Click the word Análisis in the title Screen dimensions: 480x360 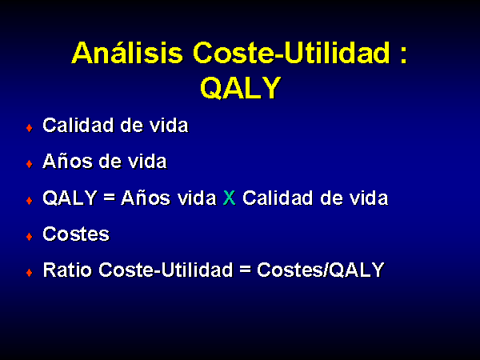pyautogui.click(x=127, y=52)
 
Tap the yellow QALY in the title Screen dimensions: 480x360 pyautogui.click(x=240, y=87)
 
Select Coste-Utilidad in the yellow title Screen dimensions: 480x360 pyautogui.click(x=292, y=52)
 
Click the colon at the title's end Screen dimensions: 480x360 pyautogui.click(x=403, y=55)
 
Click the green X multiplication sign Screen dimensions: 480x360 pyautogui.click(x=230, y=198)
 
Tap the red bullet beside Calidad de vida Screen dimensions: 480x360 pyautogui.click(x=30, y=128)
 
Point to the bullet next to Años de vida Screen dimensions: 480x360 pyautogui.click(x=30, y=164)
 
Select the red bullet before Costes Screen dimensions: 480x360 pyautogui.click(x=30, y=236)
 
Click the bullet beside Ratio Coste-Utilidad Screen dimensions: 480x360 pyautogui.click(x=30, y=272)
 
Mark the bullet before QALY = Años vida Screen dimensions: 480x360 pyautogui.click(x=30, y=200)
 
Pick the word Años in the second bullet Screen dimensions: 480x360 pyautogui.click(x=68, y=161)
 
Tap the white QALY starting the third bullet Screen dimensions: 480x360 pyautogui.click(x=70, y=198)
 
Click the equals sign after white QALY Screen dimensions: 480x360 pyautogui.click(x=110, y=198)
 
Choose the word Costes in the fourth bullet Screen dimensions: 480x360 pyautogui.click(x=76, y=234)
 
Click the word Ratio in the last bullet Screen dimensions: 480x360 pyautogui.click(x=67, y=270)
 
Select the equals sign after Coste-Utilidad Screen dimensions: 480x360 pyautogui.click(x=246, y=270)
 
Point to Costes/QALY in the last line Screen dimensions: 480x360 pyautogui.click(x=321, y=270)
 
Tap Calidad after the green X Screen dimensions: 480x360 pyautogui.click(x=278, y=198)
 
